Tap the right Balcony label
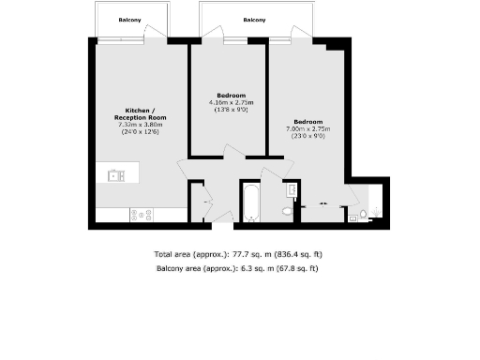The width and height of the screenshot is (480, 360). coord(254,20)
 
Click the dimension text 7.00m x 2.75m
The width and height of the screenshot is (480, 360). coord(308,128)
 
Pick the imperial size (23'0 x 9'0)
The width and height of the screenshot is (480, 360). coord(308,136)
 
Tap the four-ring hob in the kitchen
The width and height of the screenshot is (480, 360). coord(142,214)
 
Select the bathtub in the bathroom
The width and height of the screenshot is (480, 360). coord(250,202)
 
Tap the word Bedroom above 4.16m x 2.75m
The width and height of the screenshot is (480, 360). coord(232,96)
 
